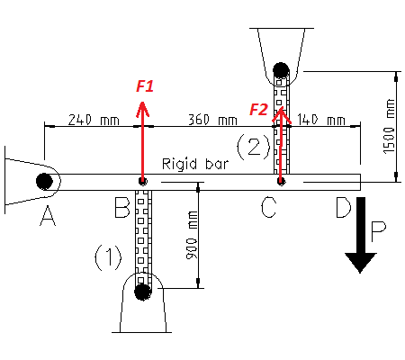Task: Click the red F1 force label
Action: [145, 85]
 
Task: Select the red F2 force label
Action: [259, 110]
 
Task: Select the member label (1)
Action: [109, 258]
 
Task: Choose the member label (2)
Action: [254, 143]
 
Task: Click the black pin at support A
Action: [43, 181]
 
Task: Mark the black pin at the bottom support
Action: [141, 291]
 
